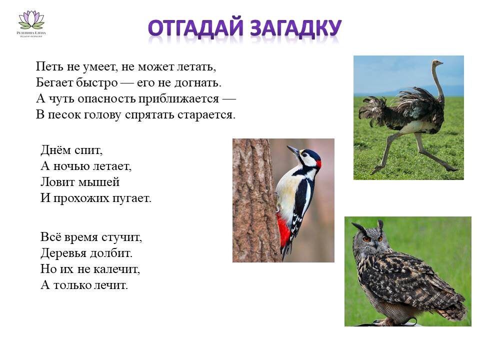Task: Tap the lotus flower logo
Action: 31,20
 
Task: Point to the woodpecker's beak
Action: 292,150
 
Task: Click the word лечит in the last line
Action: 114,285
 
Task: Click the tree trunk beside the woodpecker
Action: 252,200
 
